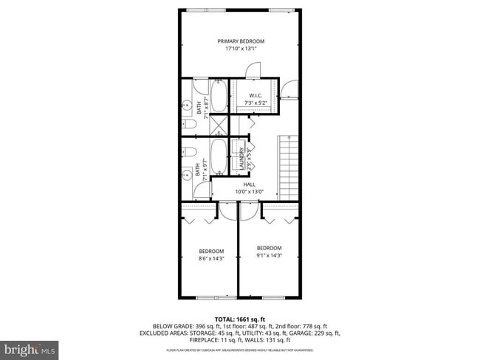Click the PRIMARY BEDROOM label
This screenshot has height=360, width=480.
(241, 41)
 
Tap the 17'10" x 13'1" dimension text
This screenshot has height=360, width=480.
(241, 50)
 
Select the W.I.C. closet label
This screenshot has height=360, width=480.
(256, 95)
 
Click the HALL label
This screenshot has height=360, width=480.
(249, 184)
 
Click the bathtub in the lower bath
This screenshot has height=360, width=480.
(219, 157)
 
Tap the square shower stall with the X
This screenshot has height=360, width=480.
(219, 127)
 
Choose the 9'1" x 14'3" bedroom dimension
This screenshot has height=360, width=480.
(269, 255)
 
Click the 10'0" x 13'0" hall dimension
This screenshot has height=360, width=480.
(249, 192)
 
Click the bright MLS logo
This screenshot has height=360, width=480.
(30, 347)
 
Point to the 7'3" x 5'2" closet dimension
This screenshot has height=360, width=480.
(256, 103)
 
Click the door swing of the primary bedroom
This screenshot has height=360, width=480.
(253, 69)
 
